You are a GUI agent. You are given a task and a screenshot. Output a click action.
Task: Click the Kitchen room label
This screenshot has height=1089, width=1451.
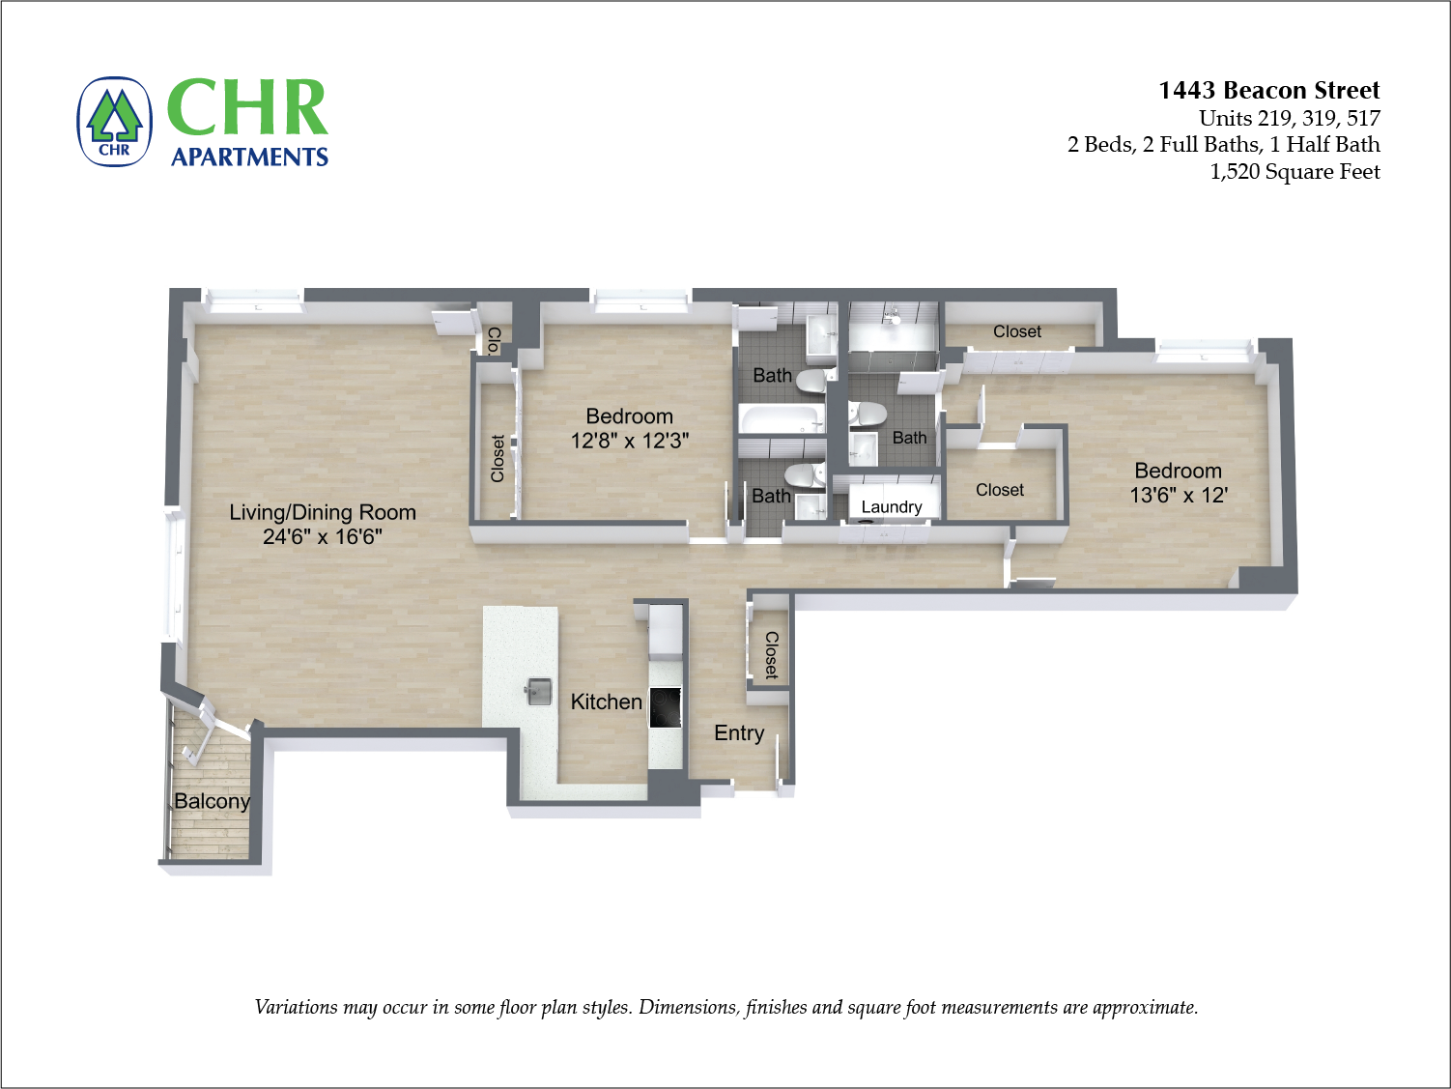point(606,702)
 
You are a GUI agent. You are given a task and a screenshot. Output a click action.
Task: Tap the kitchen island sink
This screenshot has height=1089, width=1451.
point(539,691)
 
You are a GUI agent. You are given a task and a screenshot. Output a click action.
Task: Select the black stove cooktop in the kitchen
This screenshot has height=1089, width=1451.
point(666,707)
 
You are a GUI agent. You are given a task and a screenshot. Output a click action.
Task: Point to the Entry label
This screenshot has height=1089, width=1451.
point(739,733)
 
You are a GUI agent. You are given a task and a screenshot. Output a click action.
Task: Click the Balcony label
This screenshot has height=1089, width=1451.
point(212,802)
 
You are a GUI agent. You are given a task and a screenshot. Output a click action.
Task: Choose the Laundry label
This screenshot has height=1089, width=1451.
point(891,507)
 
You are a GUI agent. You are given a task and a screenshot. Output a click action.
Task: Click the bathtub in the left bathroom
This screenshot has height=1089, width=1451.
point(781,417)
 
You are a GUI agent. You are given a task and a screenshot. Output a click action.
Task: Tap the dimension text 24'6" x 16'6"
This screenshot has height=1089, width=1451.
point(323,537)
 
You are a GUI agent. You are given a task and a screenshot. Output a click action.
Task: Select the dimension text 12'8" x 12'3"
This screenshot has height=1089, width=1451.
point(629,442)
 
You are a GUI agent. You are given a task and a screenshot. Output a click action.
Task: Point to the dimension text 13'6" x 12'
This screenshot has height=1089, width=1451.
point(1178,496)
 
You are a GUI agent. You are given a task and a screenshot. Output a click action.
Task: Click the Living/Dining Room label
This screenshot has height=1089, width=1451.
point(323,513)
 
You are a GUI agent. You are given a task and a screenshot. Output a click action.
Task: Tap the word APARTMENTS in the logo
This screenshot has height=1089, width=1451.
point(249,158)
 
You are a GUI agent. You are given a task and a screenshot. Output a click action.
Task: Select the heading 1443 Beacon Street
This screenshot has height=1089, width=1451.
point(1268,91)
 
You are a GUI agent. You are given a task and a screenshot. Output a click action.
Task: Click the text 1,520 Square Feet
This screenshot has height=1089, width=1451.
point(1295,172)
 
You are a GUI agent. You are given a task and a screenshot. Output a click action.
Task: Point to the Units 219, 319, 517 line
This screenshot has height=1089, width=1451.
point(1289,119)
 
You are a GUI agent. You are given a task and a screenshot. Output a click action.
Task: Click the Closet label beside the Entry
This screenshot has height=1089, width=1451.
point(771,655)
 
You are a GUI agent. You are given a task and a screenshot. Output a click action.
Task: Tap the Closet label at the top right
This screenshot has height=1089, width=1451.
point(1016,332)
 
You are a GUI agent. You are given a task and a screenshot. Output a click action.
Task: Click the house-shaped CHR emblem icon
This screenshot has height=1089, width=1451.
point(115,122)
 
